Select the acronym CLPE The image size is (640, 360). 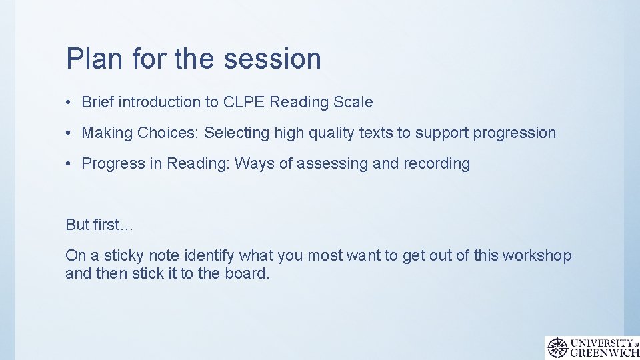click(x=245, y=102)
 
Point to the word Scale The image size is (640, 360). click(x=353, y=102)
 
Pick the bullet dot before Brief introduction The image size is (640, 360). click(x=69, y=103)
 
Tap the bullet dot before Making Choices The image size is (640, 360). click(x=69, y=133)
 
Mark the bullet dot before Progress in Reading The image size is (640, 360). click(x=69, y=164)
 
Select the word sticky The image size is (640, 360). click(x=124, y=255)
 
